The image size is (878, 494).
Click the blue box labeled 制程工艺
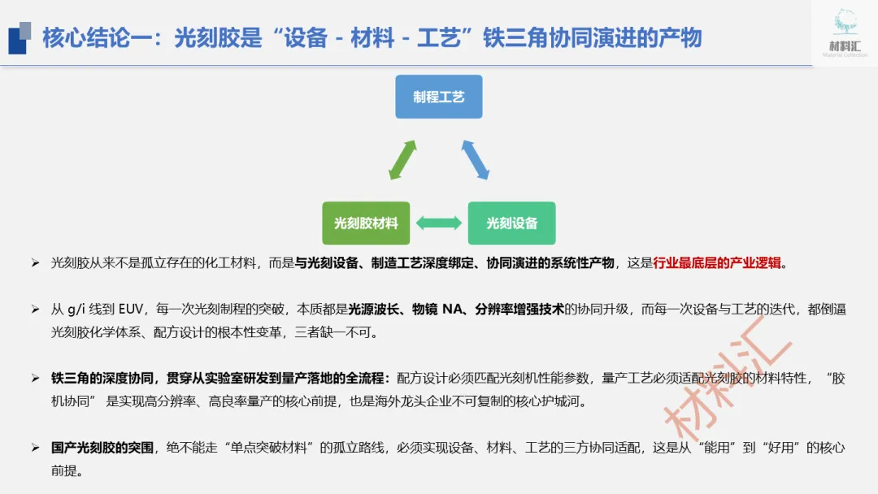(x=439, y=97)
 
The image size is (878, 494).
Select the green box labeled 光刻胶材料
(x=366, y=223)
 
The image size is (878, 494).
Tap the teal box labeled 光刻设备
(x=511, y=223)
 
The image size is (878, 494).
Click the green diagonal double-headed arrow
(x=402, y=160)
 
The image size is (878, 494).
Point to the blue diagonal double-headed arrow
(x=476, y=160)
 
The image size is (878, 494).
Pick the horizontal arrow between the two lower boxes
(x=439, y=223)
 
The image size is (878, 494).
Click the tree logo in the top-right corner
(x=845, y=24)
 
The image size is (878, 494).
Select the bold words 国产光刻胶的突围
(x=102, y=448)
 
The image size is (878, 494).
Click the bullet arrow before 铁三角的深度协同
(x=35, y=379)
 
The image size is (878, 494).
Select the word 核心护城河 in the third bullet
(x=553, y=402)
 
